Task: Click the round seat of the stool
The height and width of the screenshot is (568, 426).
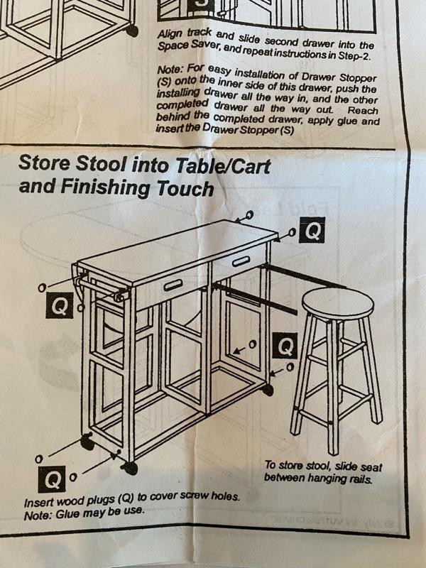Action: (338, 304)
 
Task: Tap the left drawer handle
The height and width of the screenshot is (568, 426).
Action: (173, 286)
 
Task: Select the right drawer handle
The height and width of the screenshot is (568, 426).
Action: (241, 261)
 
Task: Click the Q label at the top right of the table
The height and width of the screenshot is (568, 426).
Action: (312, 229)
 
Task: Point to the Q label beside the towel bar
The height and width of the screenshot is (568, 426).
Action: (59, 305)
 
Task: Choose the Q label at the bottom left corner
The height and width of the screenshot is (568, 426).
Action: (51, 479)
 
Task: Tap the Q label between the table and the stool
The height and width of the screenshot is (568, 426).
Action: (285, 346)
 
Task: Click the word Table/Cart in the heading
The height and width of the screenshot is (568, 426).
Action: (223, 166)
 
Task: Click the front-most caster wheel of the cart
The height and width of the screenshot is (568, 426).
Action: (129, 468)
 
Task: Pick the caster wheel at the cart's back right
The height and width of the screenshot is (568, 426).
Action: (268, 389)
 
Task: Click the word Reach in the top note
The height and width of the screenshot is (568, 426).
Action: (363, 110)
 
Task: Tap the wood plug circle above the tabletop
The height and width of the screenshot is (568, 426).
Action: (250, 214)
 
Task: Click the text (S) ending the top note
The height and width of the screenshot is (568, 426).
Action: (287, 130)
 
